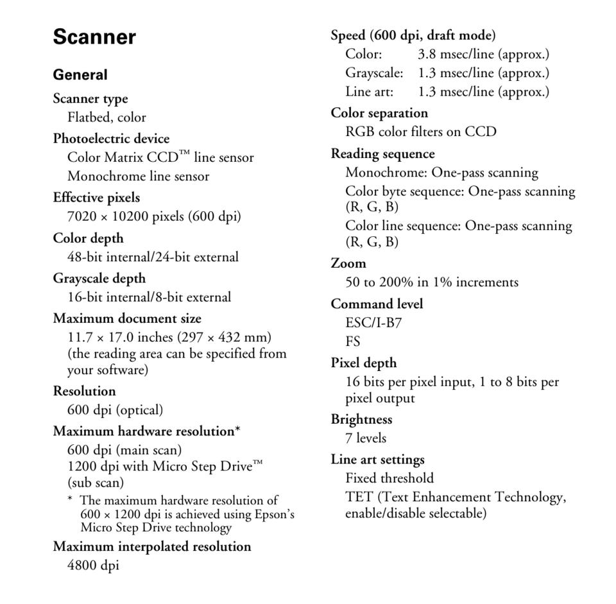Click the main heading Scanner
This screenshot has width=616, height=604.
(x=94, y=37)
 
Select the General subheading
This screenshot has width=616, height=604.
(x=80, y=75)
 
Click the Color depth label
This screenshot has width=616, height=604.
(x=88, y=238)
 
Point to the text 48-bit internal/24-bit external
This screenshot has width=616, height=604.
(x=153, y=257)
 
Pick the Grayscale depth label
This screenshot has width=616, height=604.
(x=99, y=279)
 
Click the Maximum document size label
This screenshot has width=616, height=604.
(x=126, y=318)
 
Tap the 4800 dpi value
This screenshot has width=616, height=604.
(x=93, y=565)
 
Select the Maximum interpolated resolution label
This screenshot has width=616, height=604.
(x=151, y=547)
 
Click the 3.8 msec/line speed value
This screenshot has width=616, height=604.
(x=483, y=55)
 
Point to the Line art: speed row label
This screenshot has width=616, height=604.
(x=369, y=92)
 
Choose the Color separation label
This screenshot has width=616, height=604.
(x=379, y=113)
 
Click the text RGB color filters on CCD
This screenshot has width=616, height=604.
(x=420, y=132)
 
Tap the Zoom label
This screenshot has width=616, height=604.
(x=348, y=263)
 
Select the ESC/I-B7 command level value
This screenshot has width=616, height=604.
(x=373, y=322)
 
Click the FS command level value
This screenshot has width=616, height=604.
(x=353, y=341)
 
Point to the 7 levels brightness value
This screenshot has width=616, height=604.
(x=366, y=438)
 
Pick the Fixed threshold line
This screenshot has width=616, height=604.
(x=389, y=478)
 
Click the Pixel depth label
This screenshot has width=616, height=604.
(x=363, y=363)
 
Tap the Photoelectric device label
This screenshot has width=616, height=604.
(x=111, y=139)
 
